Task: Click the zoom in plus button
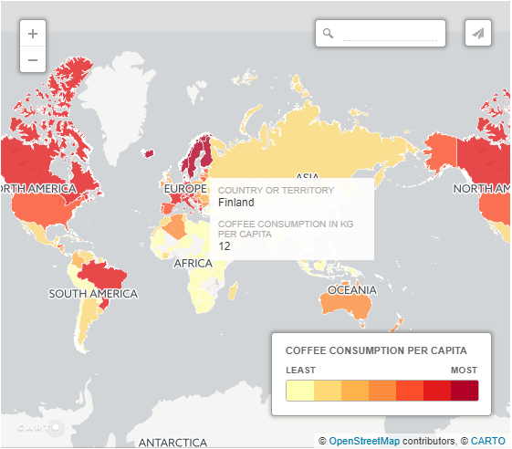[33, 34]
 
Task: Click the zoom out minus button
[33, 60]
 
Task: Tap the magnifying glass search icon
[329, 34]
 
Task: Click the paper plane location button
[477, 33]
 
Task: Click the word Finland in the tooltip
[236, 203]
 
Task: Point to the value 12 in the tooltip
[225, 245]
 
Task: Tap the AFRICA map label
[193, 264]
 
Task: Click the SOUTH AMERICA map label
[93, 294]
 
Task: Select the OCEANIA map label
[352, 290]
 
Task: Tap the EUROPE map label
[186, 189]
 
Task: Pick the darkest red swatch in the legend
[464, 392]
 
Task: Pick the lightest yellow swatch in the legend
[300, 392]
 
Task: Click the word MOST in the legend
[464, 370]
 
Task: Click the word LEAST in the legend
[301, 370]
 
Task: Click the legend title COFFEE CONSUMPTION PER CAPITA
[376, 350]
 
